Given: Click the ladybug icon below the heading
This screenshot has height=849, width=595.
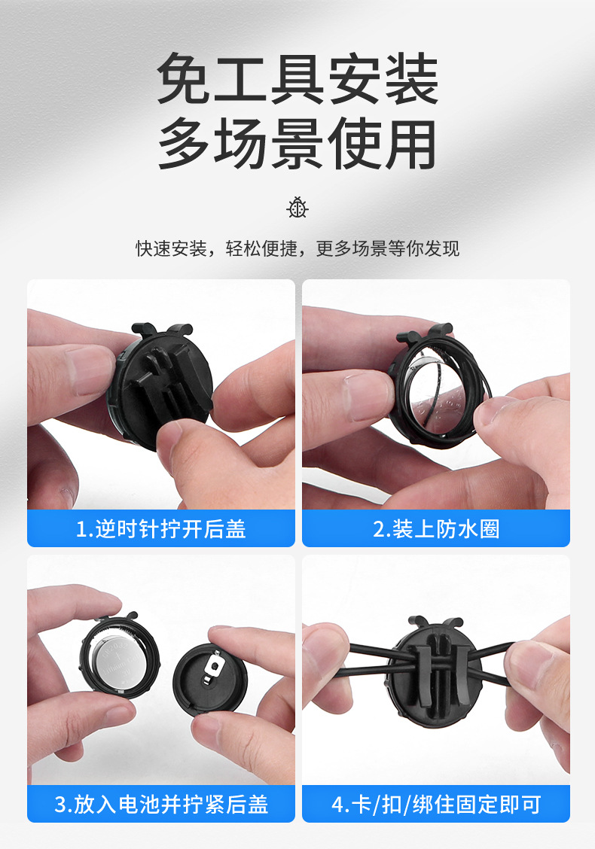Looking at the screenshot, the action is coord(297,208).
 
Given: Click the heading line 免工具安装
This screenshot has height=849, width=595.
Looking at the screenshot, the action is coord(297,79).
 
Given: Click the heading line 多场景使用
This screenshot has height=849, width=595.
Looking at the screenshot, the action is coord(297,144).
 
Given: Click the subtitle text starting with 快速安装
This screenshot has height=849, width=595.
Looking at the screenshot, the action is coord(297,248).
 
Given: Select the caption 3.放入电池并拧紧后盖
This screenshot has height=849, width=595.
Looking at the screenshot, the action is coord(161,804).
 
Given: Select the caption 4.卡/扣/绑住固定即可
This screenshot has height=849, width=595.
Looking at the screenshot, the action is coord(435,804).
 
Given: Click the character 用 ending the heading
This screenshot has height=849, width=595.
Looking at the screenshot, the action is coord(410,144).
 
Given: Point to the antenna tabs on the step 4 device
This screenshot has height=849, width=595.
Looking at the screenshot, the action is coord(435,622).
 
